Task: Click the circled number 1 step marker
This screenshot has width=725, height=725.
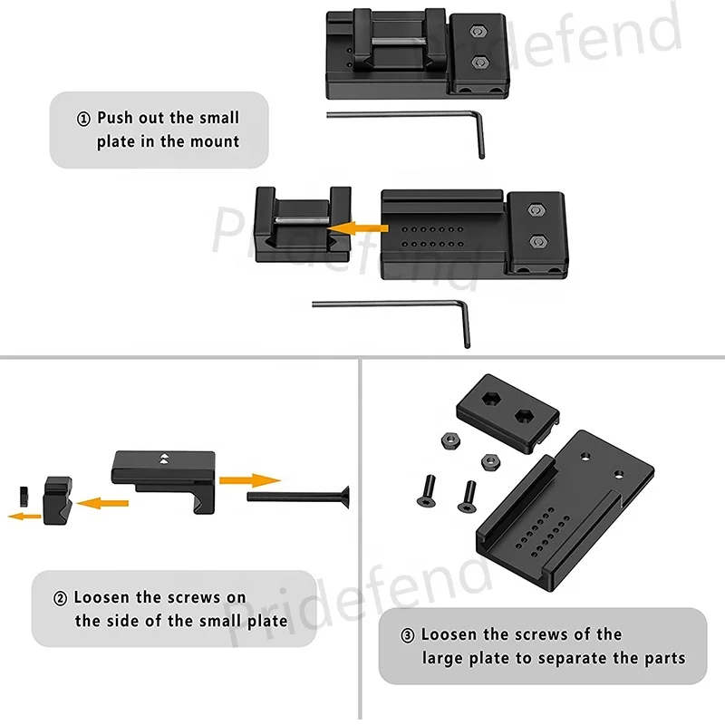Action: [84, 118]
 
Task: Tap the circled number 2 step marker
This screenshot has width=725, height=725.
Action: [60, 598]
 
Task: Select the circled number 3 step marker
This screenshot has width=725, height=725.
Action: [408, 635]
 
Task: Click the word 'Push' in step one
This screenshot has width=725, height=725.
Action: [115, 118]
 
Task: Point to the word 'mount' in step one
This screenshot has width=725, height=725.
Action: [215, 141]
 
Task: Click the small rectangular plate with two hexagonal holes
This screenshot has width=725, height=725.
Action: [509, 411]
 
